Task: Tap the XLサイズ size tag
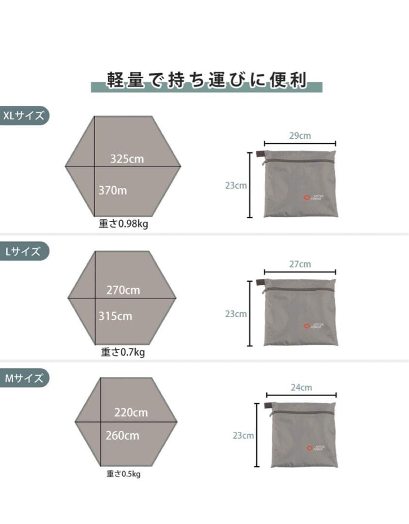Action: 24,116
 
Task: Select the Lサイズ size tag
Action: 24,251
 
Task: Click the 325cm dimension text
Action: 127,159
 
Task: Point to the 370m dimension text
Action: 113,190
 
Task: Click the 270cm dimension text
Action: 123,290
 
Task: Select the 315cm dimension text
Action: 115,316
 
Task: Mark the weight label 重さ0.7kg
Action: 123,352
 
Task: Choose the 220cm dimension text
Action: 131,413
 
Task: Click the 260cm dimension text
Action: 122,435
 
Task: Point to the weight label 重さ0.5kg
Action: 124,474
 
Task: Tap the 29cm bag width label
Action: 300,136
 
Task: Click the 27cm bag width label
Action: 300,264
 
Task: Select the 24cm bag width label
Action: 301,387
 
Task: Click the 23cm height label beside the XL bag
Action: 236,185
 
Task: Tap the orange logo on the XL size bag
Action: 306,197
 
